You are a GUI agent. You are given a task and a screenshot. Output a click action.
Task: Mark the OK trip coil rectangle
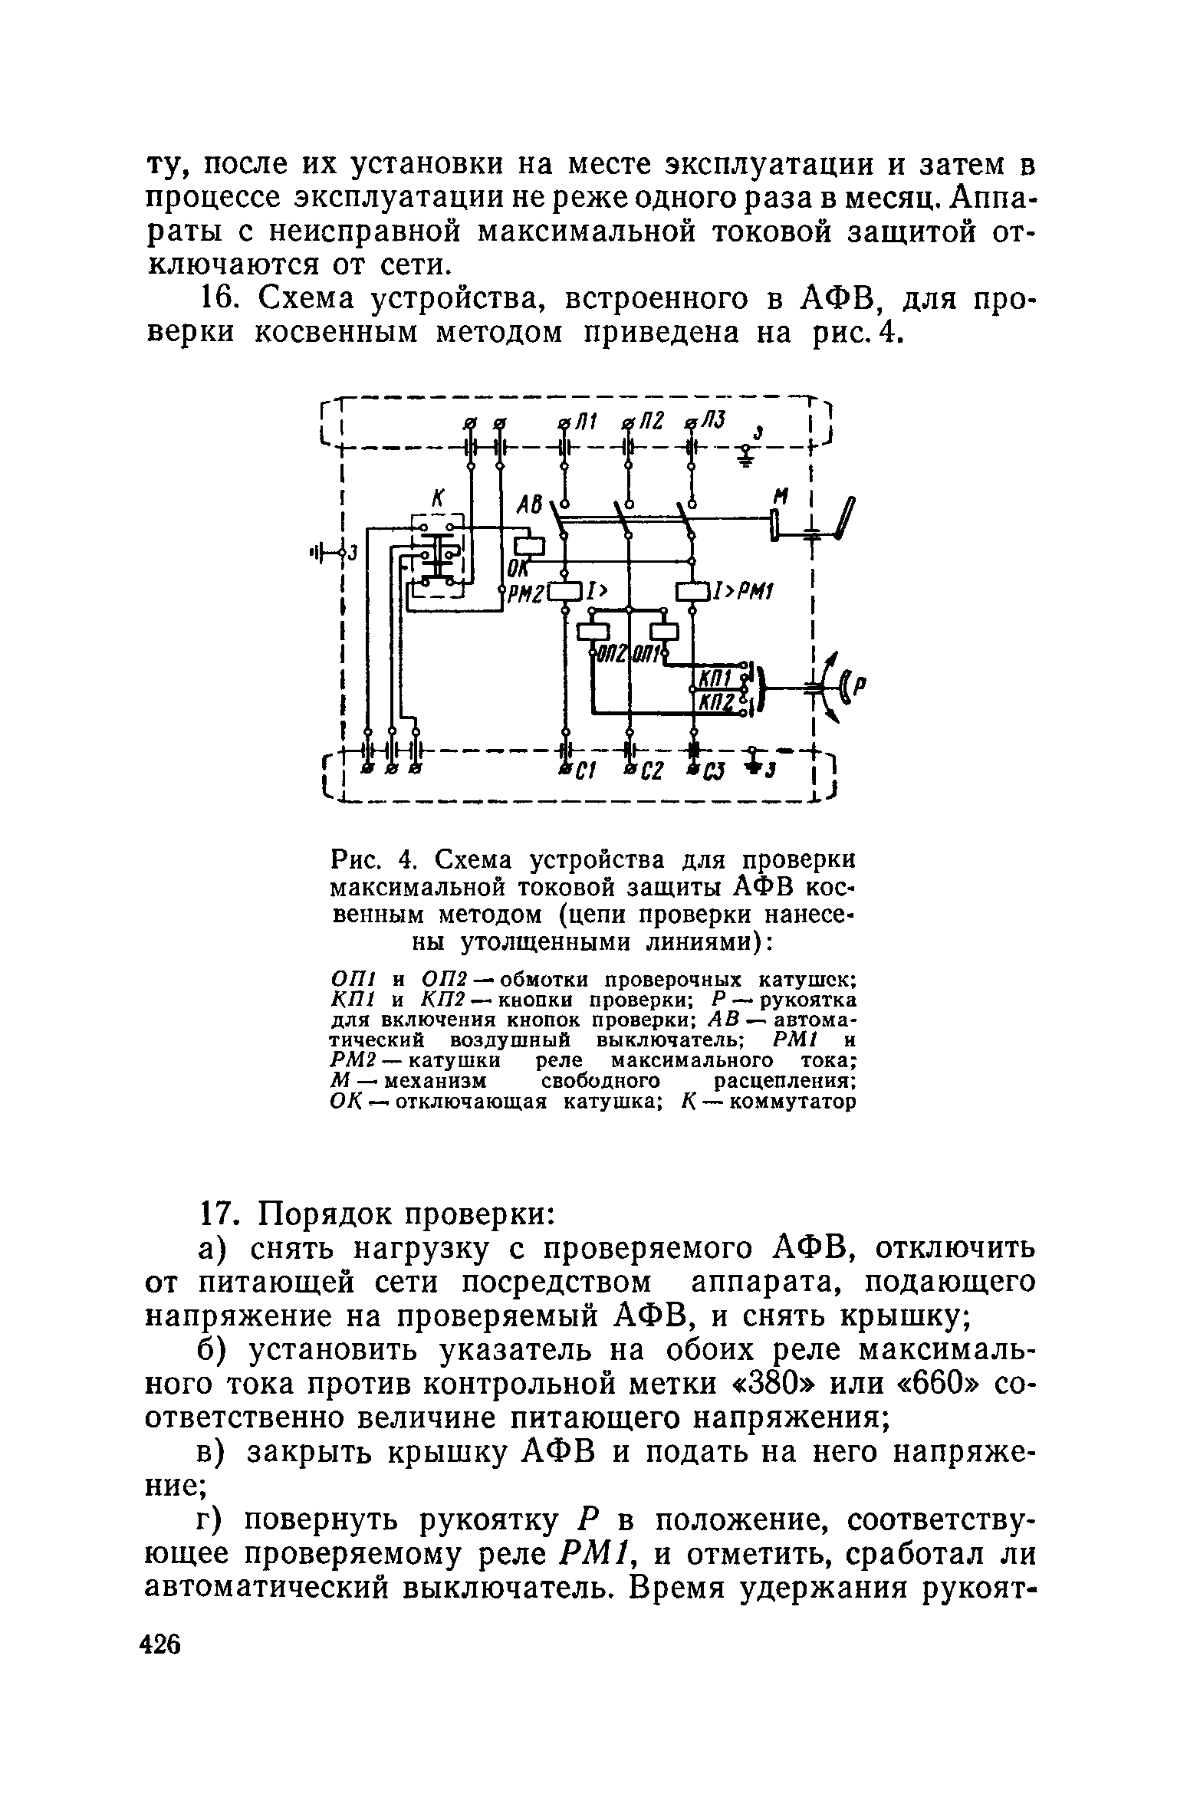tap(528, 546)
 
